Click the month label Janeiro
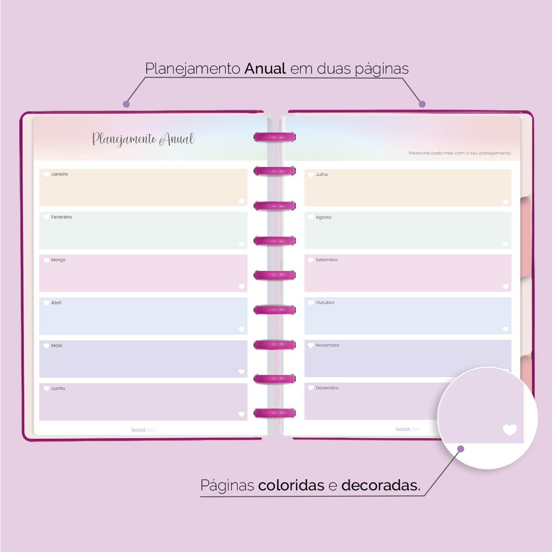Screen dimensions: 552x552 tap(59, 174)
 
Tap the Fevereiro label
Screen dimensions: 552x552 tap(61, 217)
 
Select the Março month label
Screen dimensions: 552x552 tap(58, 260)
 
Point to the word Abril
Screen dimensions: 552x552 tap(56, 303)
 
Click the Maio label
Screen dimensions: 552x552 tap(57, 345)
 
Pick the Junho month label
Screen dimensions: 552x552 tap(58, 388)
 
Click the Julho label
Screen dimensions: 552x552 tap(322, 175)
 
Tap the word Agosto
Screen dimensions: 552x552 tap(323, 217)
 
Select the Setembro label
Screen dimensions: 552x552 tap(327, 260)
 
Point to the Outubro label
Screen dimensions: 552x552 tap(325, 303)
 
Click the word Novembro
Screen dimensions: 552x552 tap(327, 345)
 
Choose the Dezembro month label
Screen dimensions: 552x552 tap(327, 388)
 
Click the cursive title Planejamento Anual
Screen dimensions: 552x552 tap(143, 139)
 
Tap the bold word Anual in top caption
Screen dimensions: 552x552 tap(265, 69)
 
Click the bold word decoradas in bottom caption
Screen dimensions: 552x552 tap(380, 485)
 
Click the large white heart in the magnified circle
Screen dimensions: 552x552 tap(510, 430)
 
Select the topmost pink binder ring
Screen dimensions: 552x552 tap(275, 137)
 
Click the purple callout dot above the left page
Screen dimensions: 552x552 tap(126, 104)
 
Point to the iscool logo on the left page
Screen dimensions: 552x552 tap(143, 430)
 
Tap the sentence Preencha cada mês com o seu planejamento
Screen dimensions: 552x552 tap(460, 153)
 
